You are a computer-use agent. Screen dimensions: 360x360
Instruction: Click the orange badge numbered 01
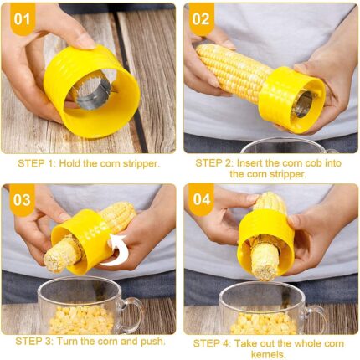point(23,19)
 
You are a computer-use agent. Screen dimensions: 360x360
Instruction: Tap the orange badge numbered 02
point(201,19)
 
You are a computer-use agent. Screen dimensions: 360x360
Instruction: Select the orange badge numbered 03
point(22,200)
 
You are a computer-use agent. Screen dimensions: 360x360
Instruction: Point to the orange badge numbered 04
point(201,199)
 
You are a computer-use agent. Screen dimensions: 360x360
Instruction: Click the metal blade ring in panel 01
point(91,95)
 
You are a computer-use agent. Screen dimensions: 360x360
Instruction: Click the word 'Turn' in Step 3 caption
point(68,341)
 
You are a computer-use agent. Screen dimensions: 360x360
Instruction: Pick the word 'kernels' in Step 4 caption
point(269,355)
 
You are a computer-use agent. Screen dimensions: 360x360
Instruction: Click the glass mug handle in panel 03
point(133,314)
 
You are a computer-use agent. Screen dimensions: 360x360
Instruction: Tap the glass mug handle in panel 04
point(316,318)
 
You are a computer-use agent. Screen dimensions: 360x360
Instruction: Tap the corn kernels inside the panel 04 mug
point(264,323)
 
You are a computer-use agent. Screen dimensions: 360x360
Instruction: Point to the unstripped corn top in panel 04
point(270,203)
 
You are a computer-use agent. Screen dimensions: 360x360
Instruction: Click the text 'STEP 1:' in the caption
point(35,163)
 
